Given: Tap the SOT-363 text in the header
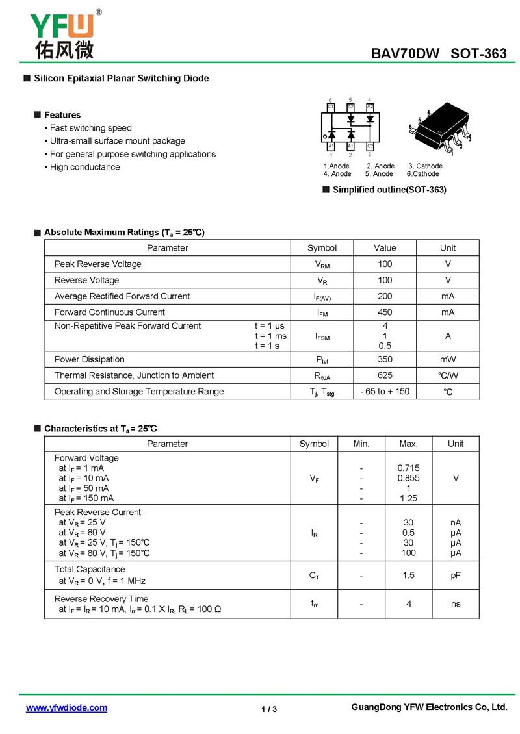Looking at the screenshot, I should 479,54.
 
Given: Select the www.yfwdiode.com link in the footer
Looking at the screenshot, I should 66,708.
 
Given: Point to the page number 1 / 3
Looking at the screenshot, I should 269,709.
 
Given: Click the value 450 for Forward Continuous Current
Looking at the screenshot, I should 385,312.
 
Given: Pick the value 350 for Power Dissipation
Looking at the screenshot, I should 385,359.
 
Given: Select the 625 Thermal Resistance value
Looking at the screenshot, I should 385,375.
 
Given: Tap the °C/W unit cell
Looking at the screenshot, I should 448,375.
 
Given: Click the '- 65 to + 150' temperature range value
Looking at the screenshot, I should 385,392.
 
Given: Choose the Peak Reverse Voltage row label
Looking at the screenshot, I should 97,264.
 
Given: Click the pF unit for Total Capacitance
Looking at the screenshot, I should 456,576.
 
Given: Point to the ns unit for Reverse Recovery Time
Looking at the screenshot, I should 456,604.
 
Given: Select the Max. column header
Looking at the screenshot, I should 408,444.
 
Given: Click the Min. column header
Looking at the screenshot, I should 361,444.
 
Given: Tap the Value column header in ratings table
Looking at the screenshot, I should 385,248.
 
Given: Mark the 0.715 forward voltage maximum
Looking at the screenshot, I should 408,468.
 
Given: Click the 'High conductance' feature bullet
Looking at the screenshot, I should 84,167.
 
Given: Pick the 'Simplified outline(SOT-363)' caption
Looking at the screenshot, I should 389,190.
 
